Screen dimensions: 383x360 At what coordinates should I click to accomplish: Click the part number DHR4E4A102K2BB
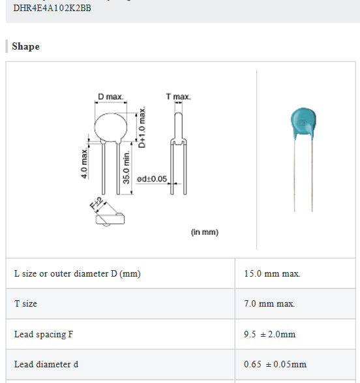tap(52, 9)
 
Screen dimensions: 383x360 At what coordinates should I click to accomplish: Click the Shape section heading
tap(25, 46)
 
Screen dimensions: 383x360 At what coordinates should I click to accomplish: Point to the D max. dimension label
tap(110, 97)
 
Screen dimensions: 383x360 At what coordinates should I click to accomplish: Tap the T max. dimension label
tap(178, 97)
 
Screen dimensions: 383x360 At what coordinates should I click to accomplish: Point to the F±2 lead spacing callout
tap(95, 204)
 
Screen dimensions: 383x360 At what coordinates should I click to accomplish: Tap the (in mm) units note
tap(204, 232)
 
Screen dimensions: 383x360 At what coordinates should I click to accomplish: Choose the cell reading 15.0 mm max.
tap(272, 273)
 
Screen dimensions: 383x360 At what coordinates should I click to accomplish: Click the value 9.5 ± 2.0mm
tap(269, 334)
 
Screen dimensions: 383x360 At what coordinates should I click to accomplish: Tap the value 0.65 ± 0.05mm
tap(275, 364)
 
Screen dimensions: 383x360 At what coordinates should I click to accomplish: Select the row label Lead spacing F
tap(44, 334)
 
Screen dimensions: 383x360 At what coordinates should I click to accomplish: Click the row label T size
tap(25, 304)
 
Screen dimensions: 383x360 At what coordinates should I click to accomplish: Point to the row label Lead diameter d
tap(46, 364)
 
